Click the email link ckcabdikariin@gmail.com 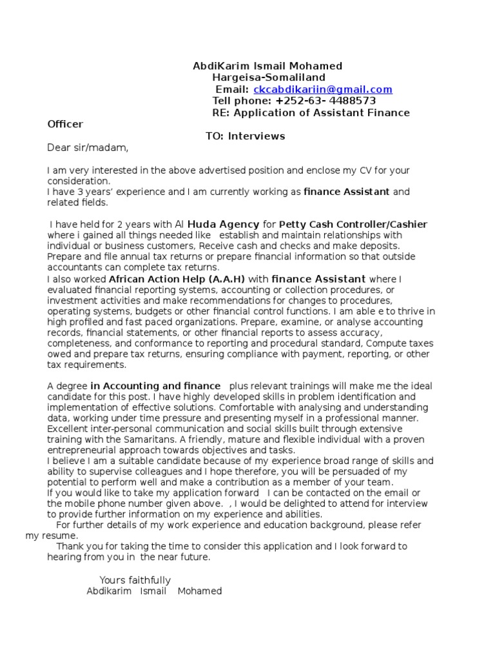(322, 90)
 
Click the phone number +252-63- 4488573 (325, 101)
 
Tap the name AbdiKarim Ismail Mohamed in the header (267, 66)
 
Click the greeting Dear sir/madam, (88, 148)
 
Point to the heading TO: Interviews (245, 136)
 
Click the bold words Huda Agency (222, 225)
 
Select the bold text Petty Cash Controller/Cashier (353, 225)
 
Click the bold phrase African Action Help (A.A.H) (177, 280)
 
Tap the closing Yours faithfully (135, 580)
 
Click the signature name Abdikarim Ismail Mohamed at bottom (154, 591)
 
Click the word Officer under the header (65, 124)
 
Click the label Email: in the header (231, 90)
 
